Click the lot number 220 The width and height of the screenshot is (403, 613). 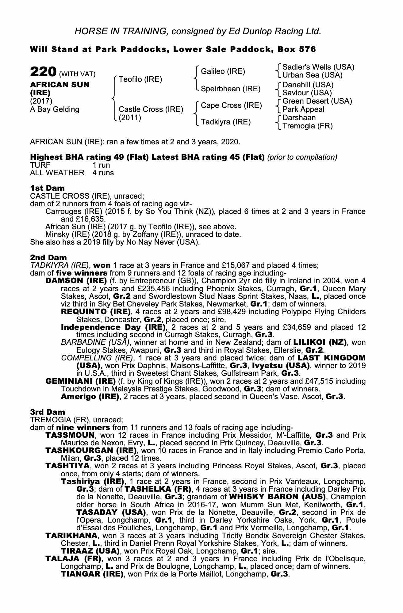pyautogui.click(x=43, y=72)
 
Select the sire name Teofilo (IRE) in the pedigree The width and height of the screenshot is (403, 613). pyautogui.click(x=140, y=79)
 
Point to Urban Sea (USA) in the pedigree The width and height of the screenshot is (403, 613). pyautogui.click(x=312, y=75)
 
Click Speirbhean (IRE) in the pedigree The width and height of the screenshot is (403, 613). pyautogui.click(x=230, y=89)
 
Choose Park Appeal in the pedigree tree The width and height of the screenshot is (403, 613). pyautogui.click(x=303, y=109)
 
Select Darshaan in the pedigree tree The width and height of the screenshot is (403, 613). pyautogui.click(x=299, y=118)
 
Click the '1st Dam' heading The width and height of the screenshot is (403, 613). pyautogui.click(x=47, y=188)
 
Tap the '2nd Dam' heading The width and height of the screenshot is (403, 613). pyautogui.click(x=48, y=257)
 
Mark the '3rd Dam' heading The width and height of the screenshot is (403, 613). pyautogui.click(x=48, y=412)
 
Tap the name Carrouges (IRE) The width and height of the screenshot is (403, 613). pyautogui.click(x=66, y=211)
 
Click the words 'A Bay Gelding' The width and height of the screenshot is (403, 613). pyautogui.click(x=55, y=109)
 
